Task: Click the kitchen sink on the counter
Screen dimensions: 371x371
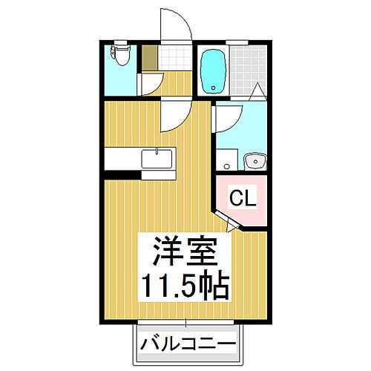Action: click(157, 157)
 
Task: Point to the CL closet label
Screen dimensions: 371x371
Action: click(242, 198)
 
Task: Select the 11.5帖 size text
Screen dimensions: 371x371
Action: click(185, 284)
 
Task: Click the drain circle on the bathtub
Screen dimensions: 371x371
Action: click(214, 86)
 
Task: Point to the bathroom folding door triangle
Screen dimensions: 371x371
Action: click(257, 91)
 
